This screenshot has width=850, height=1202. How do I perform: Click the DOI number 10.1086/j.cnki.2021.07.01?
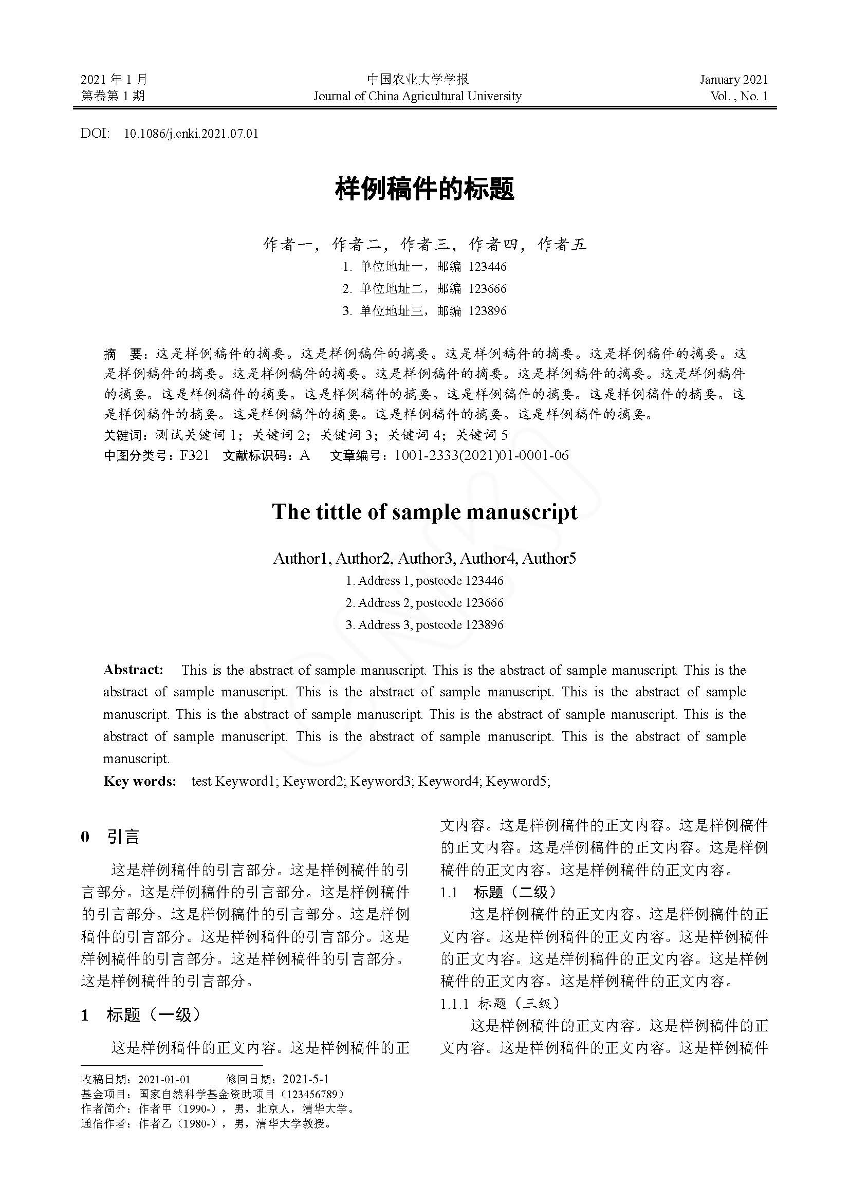pos(191,134)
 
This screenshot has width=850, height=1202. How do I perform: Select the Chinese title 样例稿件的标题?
pos(424,189)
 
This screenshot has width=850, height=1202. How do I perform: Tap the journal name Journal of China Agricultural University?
pos(417,96)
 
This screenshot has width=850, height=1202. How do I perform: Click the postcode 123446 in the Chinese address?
pos(487,267)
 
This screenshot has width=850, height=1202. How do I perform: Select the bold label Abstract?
pos(134,670)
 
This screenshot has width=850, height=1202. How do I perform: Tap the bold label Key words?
pos(140,781)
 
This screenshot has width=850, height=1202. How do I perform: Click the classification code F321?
pos(194,455)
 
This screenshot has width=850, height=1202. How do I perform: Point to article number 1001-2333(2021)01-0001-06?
pos(481,455)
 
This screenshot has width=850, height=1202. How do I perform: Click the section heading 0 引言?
pos(110,837)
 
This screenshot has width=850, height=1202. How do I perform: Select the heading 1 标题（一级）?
pos(141,1015)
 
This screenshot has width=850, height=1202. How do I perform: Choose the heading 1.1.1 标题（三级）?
pos(500,1003)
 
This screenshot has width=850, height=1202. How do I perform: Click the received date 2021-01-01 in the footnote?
pos(164,1079)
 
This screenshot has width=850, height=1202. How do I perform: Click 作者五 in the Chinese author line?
pos(562,244)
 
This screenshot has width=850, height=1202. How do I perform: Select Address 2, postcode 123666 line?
pos(424,603)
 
